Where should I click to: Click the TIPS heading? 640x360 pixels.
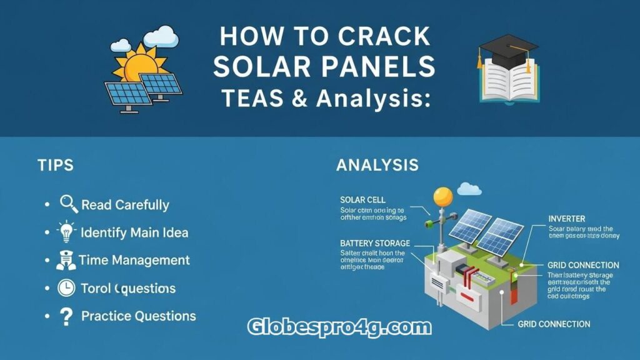click(55, 165)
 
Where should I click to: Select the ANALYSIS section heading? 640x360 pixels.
click(377, 165)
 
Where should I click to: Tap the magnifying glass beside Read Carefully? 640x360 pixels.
click(68, 204)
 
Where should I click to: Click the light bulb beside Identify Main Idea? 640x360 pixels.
click(67, 232)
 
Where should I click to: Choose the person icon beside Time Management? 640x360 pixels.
click(66, 260)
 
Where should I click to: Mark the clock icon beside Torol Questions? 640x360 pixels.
click(66, 288)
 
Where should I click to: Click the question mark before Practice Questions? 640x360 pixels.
click(66, 316)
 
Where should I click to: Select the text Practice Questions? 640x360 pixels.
click(138, 316)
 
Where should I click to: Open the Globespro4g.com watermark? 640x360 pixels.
click(339, 326)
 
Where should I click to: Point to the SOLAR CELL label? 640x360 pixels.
click(362, 199)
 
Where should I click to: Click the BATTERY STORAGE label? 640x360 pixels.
click(375, 242)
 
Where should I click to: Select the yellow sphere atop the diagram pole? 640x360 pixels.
click(443, 196)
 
